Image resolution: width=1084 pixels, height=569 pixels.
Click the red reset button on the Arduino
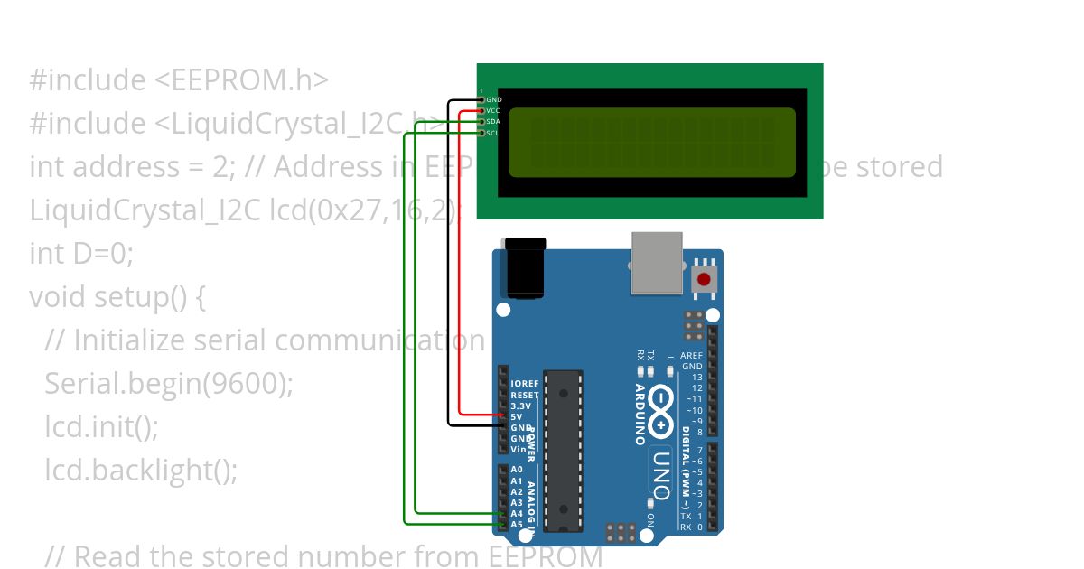pyautogui.click(x=704, y=279)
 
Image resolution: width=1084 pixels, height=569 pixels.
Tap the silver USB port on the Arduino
pyautogui.click(x=657, y=263)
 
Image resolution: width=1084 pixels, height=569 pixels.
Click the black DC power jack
pyautogui.click(x=525, y=268)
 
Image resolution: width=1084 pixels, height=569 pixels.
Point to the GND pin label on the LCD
pyautogui.click(x=493, y=99)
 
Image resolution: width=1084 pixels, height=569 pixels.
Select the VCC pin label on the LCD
pyautogui.click(x=493, y=110)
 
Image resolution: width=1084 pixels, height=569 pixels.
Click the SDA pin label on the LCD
pyautogui.click(x=493, y=121)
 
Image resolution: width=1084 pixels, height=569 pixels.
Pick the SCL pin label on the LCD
pyautogui.click(x=493, y=133)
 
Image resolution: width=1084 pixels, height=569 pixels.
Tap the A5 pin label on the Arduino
pyautogui.click(x=517, y=524)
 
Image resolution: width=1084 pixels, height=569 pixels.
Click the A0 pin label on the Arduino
pyautogui.click(x=517, y=470)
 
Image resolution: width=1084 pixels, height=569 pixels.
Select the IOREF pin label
pyautogui.click(x=525, y=384)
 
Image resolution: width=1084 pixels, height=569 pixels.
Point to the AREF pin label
pyautogui.click(x=692, y=356)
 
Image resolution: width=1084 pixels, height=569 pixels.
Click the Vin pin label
pyautogui.click(x=519, y=449)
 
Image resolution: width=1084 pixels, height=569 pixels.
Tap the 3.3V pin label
pyautogui.click(x=521, y=406)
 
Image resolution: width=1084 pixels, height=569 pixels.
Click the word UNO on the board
pyautogui.click(x=660, y=474)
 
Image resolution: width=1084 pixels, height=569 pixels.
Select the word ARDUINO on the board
pyautogui.click(x=640, y=415)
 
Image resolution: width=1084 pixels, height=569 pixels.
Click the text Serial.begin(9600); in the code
pyautogui.click(x=169, y=384)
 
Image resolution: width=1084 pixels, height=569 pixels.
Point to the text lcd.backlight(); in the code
pyautogui.click(x=141, y=471)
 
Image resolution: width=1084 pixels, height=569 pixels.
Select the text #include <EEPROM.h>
pyautogui.click(x=179, y=80)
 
